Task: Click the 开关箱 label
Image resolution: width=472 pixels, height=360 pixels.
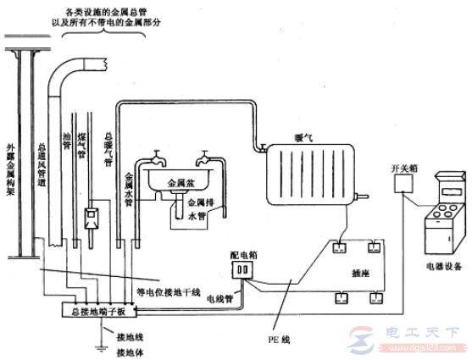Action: pos(404,169)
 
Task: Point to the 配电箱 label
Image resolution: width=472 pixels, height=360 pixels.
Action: pos(243,252)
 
